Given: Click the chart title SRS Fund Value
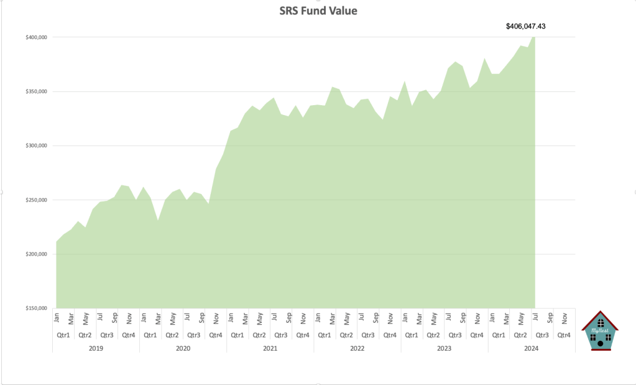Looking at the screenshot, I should pos(318,11).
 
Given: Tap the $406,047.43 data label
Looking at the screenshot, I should pos(527,26).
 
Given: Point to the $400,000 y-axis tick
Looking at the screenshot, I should pos(35,37).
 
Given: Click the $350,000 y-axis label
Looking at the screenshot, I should pos(35,91).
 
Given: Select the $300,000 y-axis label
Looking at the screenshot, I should pos(35,146).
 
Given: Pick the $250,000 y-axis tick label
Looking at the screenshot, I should pos(35,200).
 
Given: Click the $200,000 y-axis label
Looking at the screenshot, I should pos(35,254).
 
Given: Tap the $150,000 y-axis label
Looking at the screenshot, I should pos(35,308).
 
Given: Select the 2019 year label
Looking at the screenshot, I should pos(96,348).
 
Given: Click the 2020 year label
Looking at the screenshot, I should pos(183,348).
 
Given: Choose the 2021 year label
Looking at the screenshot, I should pos(270,348).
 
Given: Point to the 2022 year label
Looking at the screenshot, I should pos(357,348).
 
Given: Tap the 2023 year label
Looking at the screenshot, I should pos(444,348).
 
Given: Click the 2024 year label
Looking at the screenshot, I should pos(531,348).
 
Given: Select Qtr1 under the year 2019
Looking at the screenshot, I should pos(63,335).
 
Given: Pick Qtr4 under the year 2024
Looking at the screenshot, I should pos(564,335).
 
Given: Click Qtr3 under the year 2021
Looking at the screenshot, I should pos(281,335).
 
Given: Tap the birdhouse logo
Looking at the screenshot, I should pos(600,331).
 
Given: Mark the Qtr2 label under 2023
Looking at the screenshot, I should pos(433,335).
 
